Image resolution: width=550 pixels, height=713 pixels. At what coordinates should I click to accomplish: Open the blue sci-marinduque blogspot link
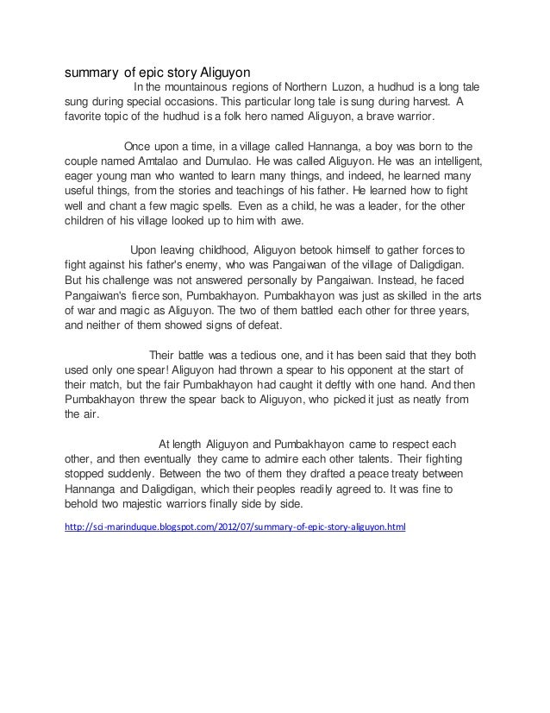pyautogui.click(x=234, y=523)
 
